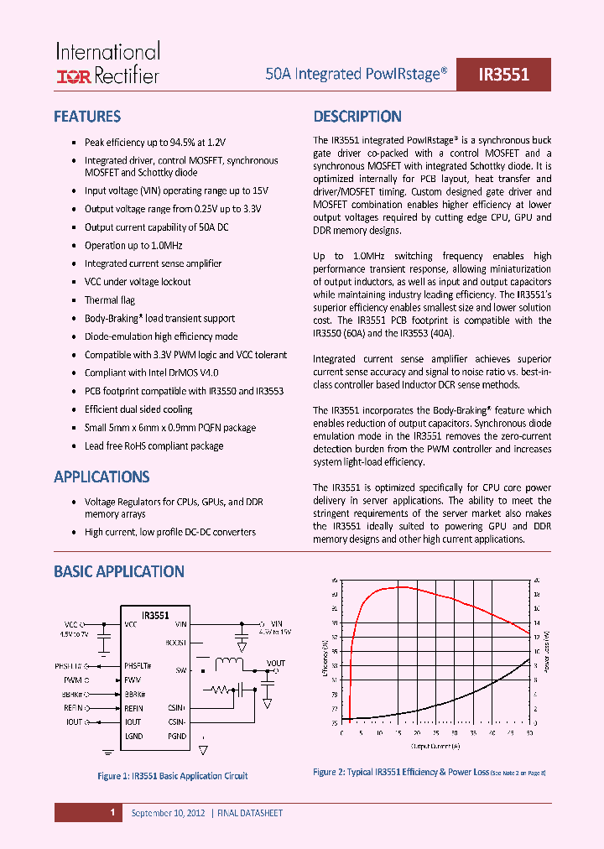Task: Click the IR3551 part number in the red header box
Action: [x=503, y=75]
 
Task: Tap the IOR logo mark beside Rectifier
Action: [x=73, y=77]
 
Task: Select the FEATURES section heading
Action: [x=87, y=117]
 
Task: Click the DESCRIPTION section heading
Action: [x=357, y=117]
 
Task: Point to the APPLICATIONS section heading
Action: [x=102, y=477]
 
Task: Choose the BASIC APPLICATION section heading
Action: [x=119, y=571]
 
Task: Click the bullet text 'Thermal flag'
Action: [x=110, y=299]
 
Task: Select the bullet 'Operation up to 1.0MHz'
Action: [x=133, y=245]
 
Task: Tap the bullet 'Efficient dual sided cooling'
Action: [x=138, y=409]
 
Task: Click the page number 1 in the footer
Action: [x=112, y=812]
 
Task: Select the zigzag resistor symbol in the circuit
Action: [x=221, y=690]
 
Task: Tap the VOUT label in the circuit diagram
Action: [x=275, y=663]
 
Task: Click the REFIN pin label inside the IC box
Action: [x=133, y=708]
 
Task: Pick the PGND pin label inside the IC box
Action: [x=177, y=736]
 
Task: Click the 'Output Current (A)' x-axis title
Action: [x=434, y=744]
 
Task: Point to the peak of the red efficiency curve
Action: [x=403, y=587]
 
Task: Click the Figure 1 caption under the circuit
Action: [x=173, y=776]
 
